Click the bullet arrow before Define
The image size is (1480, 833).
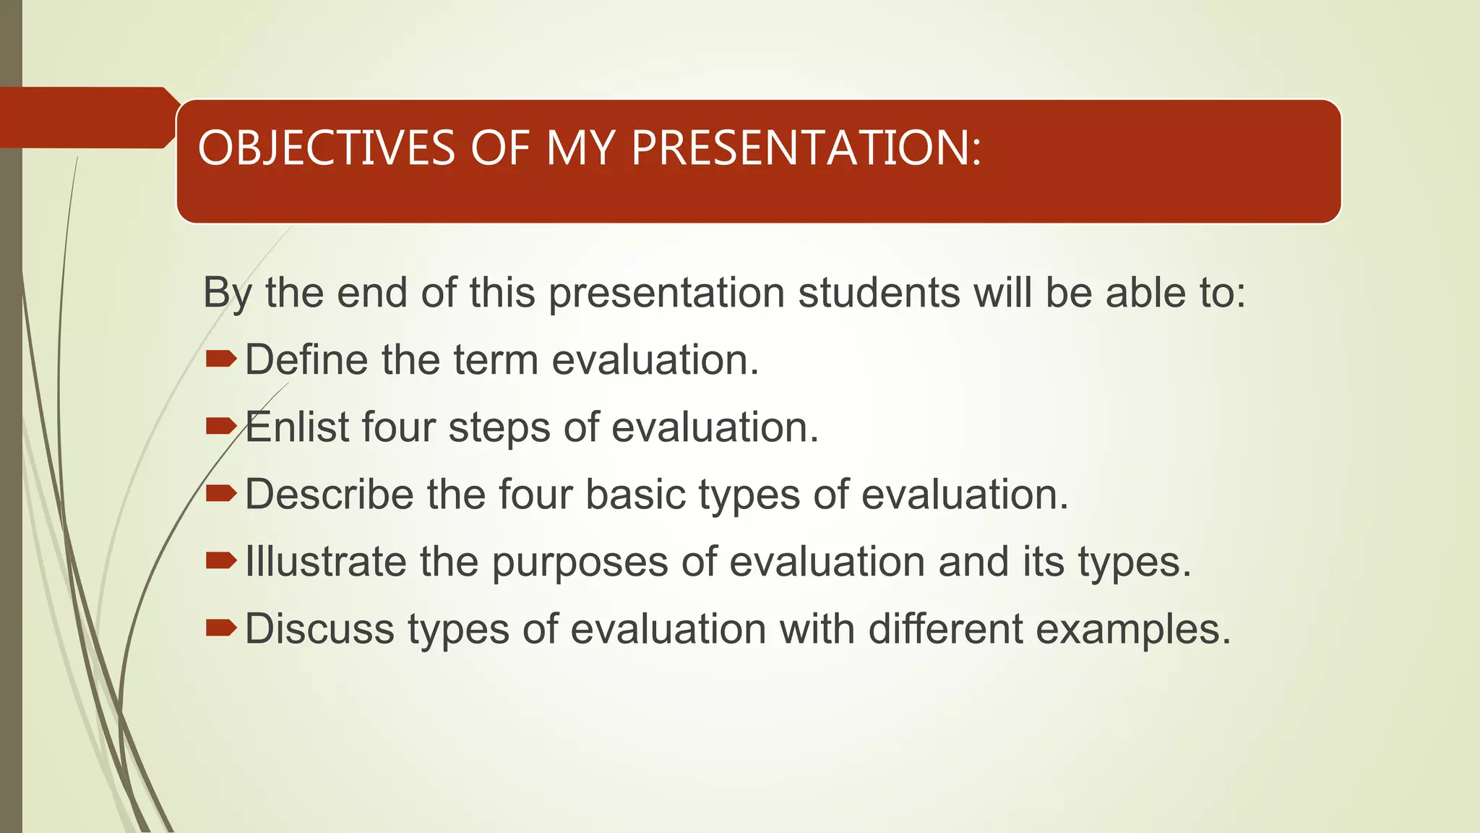(x=220, y=359)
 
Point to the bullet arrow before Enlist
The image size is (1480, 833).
(x=220, y=426)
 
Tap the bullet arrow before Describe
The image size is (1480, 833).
(x=220, y=493)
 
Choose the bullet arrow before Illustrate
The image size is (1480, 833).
(x=220, y=560)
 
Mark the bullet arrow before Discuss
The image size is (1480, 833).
(x=220, y=628)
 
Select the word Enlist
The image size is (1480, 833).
(x=297, y=427)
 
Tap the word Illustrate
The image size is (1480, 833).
(x=325, y=561)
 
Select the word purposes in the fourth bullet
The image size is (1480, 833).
(x=580, y=563)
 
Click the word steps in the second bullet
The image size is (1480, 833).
(x=499, y=428)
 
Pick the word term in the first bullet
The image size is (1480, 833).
(x=496, y=360)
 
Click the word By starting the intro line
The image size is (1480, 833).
(x=226, y=294)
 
